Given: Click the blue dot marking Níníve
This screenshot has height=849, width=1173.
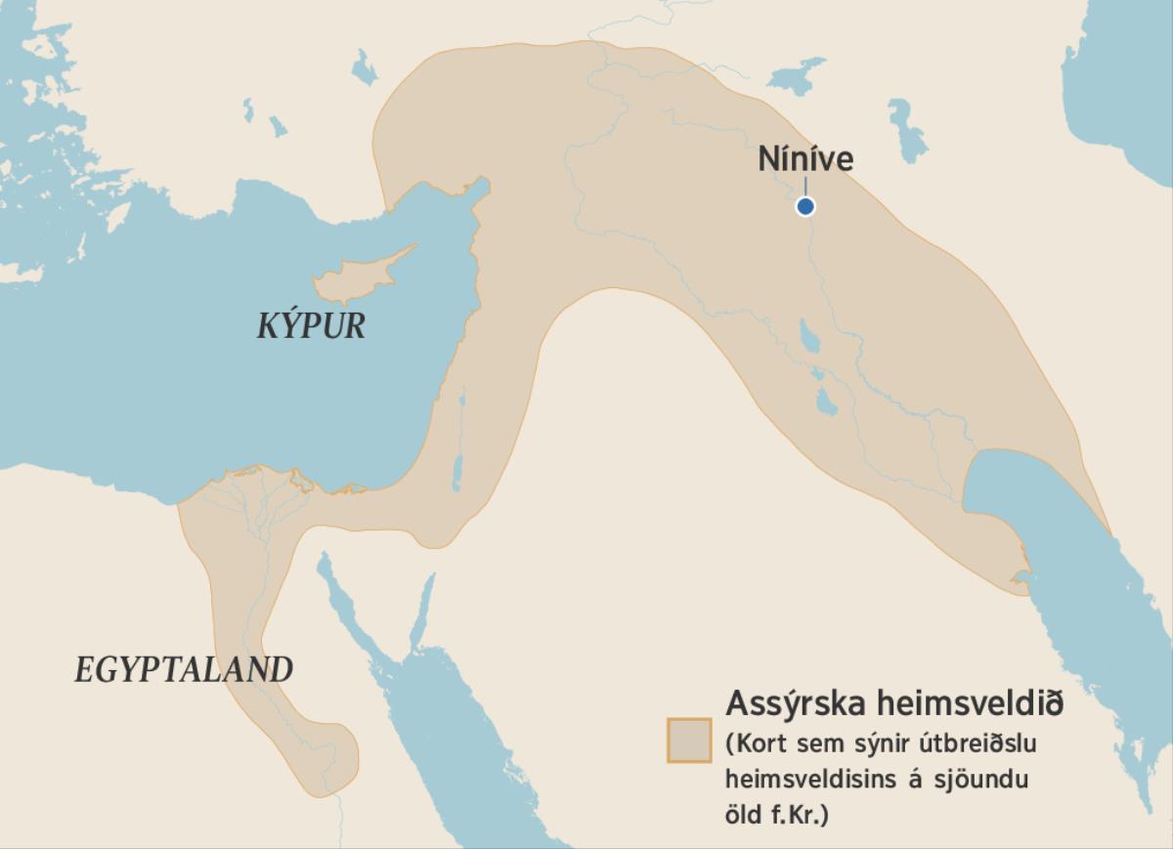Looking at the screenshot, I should tap(804, 206).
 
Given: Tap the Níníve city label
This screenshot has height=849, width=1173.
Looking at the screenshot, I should tap(805, 159).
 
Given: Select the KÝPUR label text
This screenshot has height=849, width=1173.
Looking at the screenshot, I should tap(311, 326).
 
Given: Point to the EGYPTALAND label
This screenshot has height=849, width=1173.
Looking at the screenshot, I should tap(184, 670).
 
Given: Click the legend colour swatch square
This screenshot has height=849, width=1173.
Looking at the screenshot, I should tap(689, 740).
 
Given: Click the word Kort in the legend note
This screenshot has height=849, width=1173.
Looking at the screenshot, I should tap(763, 744).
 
